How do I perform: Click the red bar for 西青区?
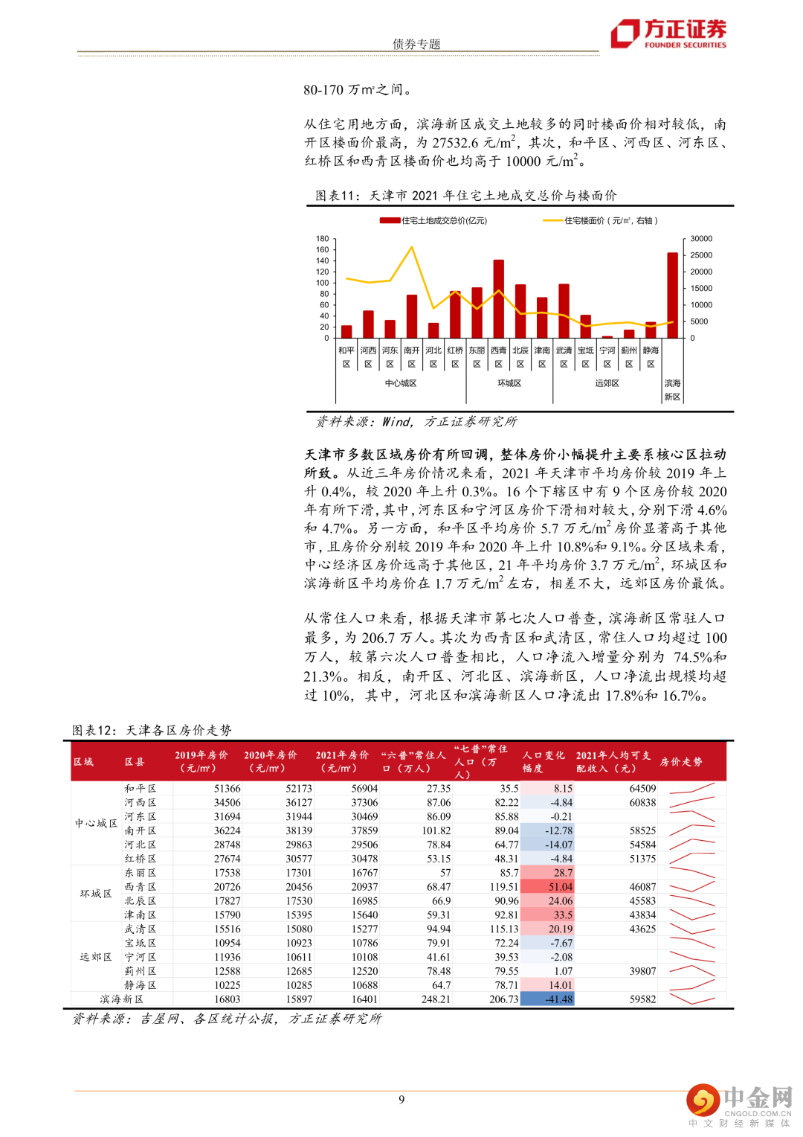point(498,298)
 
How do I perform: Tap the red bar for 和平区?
point(346,332)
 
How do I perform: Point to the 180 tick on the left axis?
point(322,239)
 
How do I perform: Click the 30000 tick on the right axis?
point(700,239)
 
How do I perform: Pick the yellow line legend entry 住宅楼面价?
point(601,220)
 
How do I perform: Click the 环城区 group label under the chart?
point(509,383)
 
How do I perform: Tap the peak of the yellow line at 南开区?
point(412,248)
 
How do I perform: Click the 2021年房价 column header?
point(341,761)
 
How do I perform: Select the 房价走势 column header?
point(681,762)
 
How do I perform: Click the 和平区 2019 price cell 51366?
point(227,789)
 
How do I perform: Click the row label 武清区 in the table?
point(141,929)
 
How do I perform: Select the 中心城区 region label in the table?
point(96,823)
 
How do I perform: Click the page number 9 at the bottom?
point(401,1100)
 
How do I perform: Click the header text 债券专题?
point(416,44)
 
